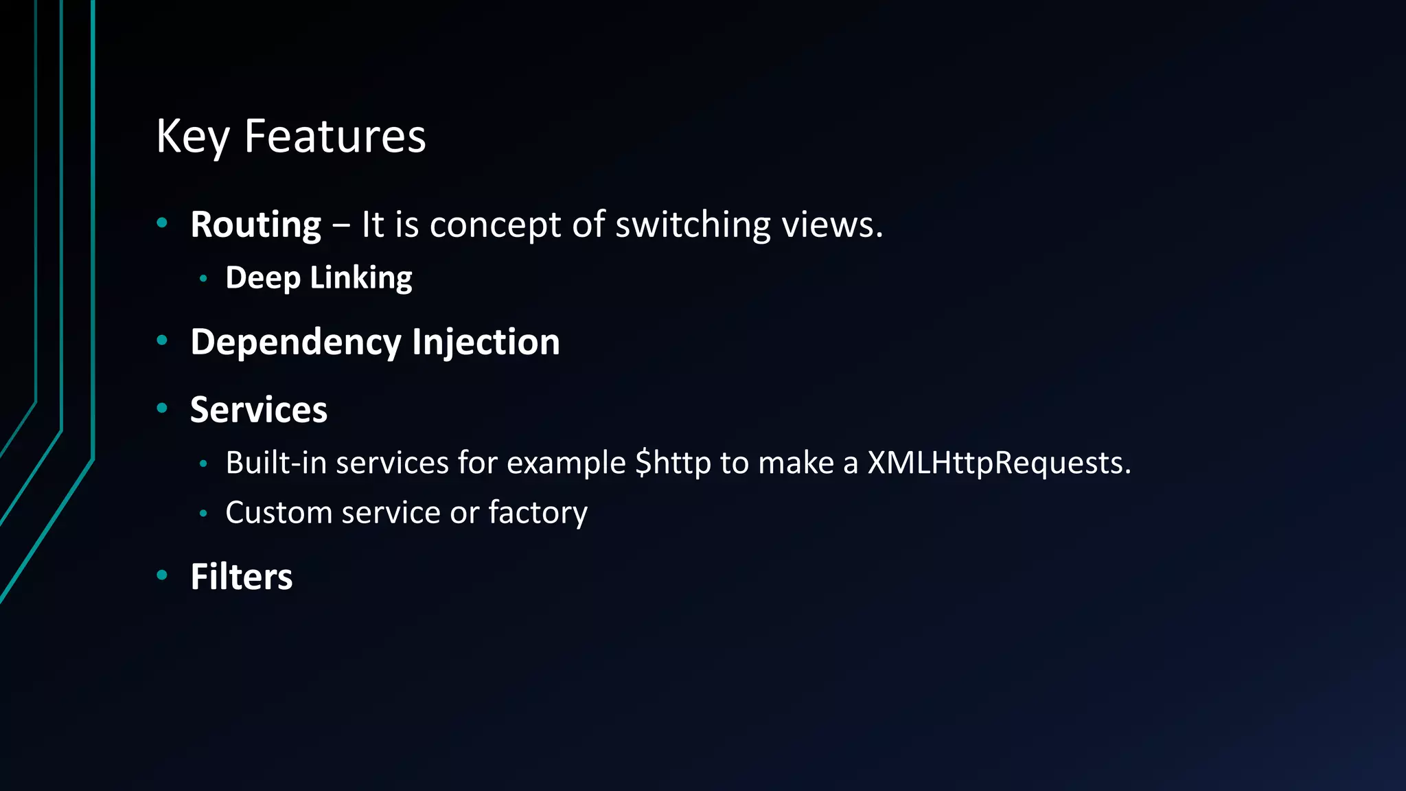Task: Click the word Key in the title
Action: click(x=193, y=137)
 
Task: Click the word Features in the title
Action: click(x=335, y=137)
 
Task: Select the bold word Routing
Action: click(x=255, y=225)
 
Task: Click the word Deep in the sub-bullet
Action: click(x=263, y=278)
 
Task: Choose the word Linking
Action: click(x=361, y=278)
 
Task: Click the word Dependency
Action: click(x=296, y=343)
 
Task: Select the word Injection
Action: click(x=486, y=343)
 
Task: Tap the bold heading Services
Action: click(x=259, y=410)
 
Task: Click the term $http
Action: click(x=673, y=463)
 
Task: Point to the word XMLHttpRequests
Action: click(x=999, y=463)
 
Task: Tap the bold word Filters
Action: click(x=242, y=577)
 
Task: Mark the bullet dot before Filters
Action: click(x=162, y=575)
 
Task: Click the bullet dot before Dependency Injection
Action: click(x=162, y=340)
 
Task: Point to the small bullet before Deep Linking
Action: click(x=203, y=278)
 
